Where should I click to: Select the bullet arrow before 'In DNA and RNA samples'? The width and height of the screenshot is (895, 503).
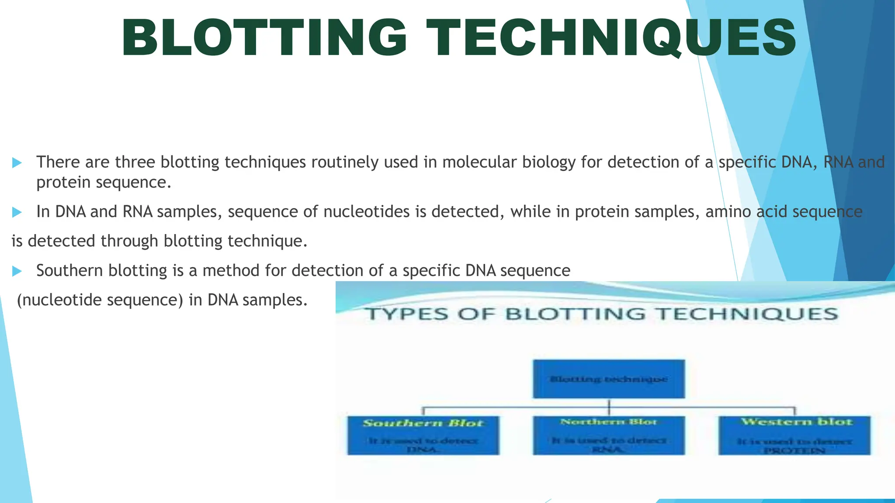tap(17, 213)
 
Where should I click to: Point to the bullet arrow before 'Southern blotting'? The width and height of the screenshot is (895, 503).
tap(17, 272)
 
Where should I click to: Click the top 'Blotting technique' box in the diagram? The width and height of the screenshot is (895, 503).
tap(608, 379)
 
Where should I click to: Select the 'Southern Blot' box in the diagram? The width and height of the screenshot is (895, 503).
tap(423, 435)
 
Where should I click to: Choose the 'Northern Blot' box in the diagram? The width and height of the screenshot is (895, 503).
tap(608, 435)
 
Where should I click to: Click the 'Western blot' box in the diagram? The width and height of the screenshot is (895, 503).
tap(794, 435)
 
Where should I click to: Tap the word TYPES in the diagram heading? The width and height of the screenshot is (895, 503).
tap(407, 314)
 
